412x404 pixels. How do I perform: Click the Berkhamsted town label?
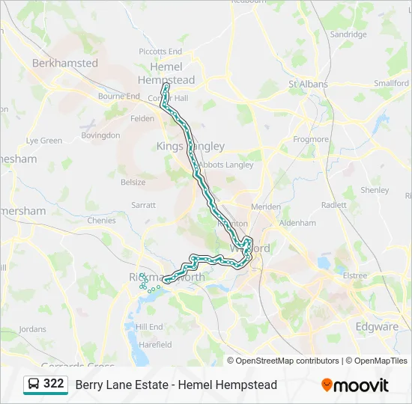[65, 63]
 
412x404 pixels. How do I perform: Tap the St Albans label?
[308, 85]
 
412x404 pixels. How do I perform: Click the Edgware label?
[377, 327]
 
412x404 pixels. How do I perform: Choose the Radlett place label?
[333, 205]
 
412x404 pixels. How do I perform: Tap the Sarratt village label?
[143, 204]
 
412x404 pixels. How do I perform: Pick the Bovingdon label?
[100, 135]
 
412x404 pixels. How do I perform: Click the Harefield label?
[155, 344]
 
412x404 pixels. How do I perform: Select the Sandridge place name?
[348, 34]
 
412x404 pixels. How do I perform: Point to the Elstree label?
[354, 276]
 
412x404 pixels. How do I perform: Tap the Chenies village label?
[101, 221]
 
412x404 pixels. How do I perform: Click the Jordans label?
[33, 329]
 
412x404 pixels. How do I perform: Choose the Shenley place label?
[375, 190]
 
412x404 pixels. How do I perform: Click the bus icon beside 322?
[34, 385]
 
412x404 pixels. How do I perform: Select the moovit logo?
[355, 385]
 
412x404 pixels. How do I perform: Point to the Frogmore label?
[312, 139]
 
